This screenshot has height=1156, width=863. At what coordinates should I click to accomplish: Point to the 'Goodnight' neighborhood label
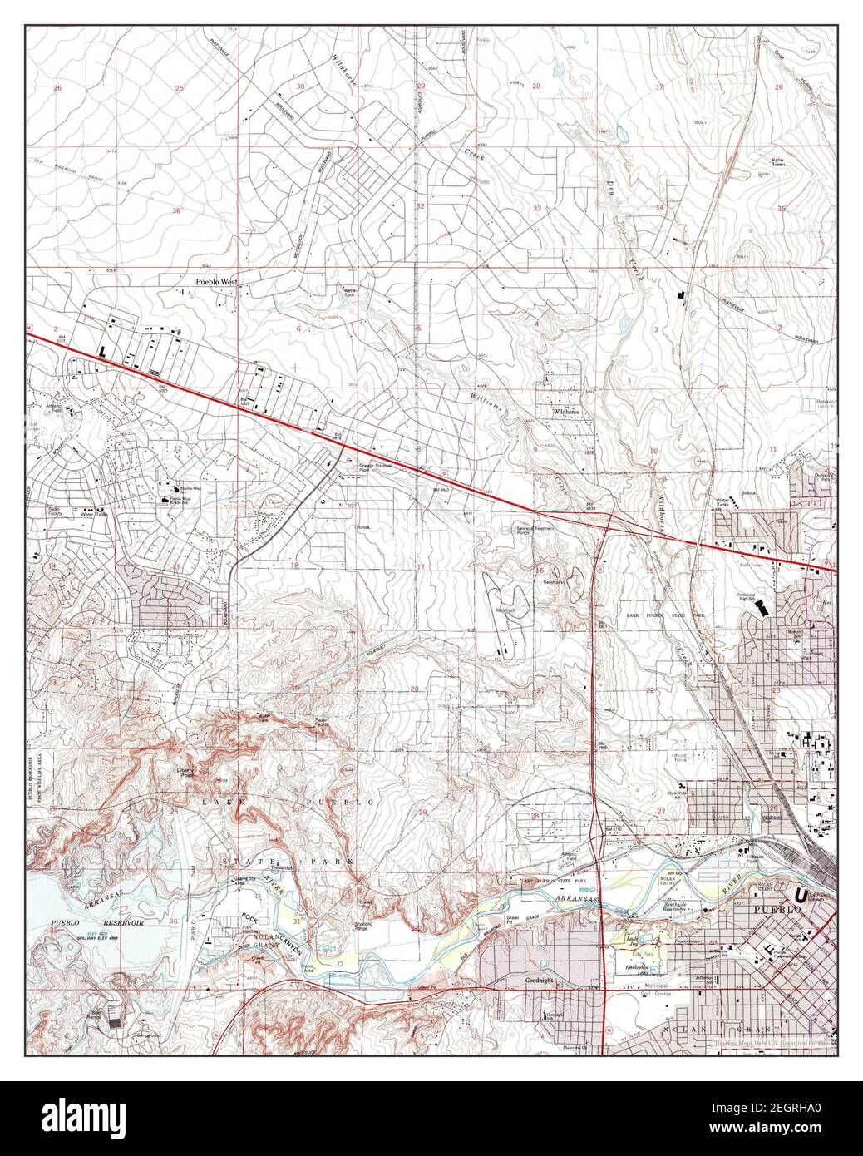click(540, 981)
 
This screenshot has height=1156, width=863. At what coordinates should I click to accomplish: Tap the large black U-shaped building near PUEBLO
click(801, 896)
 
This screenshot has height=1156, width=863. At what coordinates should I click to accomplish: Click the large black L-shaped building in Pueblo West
click(102, 353)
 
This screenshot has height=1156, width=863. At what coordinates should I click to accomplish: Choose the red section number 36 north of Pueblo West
click(175, 211)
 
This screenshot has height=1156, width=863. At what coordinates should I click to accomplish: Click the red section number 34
click(659, 208)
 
